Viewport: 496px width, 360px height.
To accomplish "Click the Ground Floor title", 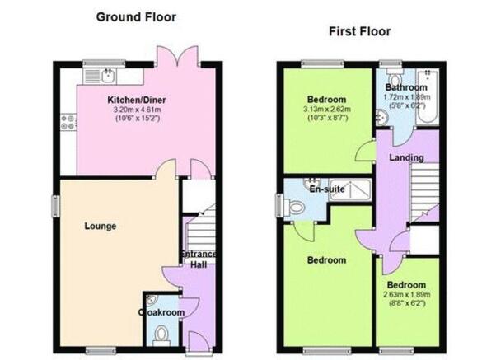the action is point(136,17).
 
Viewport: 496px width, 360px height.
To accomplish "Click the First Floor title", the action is point(360,31).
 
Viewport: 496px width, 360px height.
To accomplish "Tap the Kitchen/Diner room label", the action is point(137,100).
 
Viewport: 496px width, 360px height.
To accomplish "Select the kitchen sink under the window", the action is point(109,75).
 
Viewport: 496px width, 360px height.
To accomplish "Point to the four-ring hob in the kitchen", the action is point(68,123).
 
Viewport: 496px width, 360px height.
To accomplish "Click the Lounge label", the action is point(101,227).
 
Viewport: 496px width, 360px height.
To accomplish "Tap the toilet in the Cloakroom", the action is point(161,336).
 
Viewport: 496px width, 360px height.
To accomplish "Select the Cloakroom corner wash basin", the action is point(152,299).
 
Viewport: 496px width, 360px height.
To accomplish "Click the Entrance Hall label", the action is point(199,259).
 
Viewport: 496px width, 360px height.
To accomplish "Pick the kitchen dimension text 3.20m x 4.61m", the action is point(137,110).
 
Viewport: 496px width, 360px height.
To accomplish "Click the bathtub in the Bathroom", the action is point(428,96).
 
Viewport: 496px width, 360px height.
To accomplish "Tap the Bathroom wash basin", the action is point(381,117).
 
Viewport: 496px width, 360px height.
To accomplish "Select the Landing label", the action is point(406,157).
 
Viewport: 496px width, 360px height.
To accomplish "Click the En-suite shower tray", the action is point(350,190).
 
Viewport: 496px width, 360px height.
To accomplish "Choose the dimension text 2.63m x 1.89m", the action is point(407,295).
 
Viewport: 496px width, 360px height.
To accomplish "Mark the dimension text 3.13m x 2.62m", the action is point(327,110).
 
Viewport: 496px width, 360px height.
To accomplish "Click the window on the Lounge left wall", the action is point(56,206).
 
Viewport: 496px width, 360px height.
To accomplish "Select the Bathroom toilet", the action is point(394,76).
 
